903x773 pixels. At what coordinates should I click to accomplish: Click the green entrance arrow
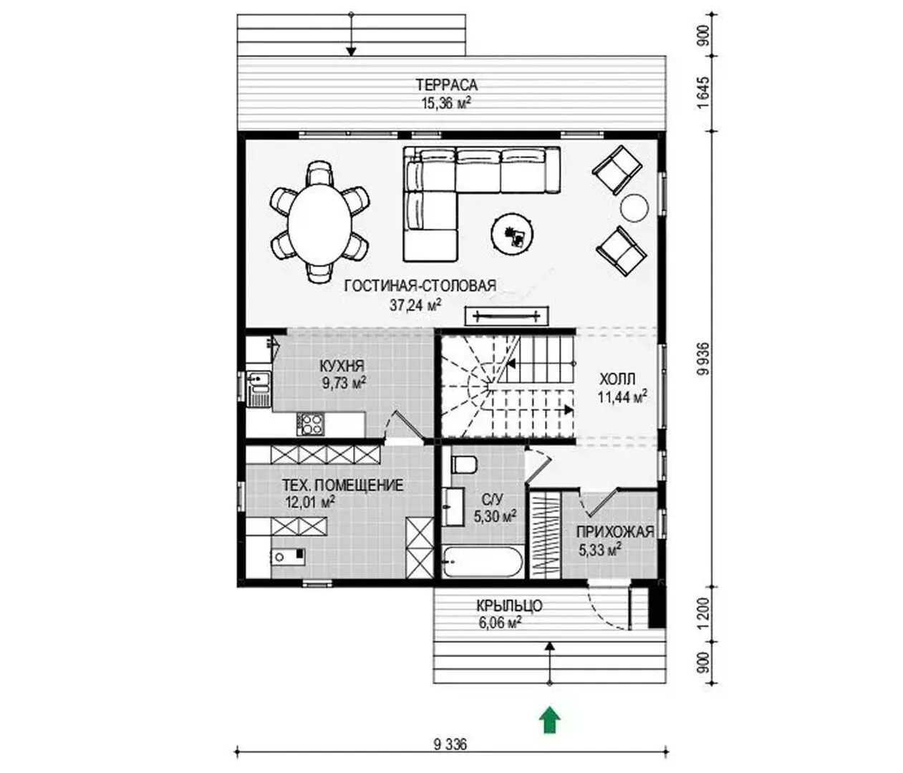(549, 721)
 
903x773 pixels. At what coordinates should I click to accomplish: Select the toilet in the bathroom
(463, 465)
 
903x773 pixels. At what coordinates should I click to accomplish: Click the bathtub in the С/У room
(483, 562)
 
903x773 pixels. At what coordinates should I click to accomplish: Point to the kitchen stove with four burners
(310, 424)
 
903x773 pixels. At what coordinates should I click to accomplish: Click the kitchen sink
(258, 389)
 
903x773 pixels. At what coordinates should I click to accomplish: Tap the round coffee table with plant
(513, 233)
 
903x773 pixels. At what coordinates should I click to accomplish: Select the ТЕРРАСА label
(446, 84)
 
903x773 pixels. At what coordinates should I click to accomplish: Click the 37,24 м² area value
(415, 304)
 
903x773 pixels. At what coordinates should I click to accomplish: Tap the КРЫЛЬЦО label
(509, 606)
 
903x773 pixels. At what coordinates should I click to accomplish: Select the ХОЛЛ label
(617, 379)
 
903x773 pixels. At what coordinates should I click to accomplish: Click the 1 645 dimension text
(703, 93)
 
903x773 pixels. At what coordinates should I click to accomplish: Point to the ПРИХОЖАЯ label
(615, 532)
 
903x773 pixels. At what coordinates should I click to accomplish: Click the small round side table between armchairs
(634, 208)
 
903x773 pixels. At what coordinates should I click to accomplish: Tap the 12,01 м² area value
(310, 501)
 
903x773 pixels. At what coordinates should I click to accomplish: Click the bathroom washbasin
(453, 507)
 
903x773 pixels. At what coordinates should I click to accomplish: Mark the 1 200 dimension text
(703, 615)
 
